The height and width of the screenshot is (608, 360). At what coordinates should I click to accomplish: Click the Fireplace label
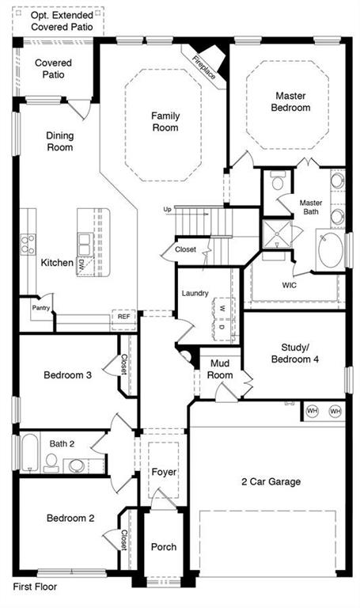coord(204,67)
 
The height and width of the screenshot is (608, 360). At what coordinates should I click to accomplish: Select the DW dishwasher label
coord(81,266)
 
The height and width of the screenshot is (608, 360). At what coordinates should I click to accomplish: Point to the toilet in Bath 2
coord(51,463)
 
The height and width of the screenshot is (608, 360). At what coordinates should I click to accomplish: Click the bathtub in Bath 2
coord(29,452)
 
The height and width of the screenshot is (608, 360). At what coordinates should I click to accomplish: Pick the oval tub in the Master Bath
coord(331,249)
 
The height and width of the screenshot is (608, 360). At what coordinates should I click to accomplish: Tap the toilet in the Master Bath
coord(279,180)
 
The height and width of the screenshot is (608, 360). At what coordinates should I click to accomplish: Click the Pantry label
coord(40,308)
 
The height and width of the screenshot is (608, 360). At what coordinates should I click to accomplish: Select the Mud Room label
coord(220,369)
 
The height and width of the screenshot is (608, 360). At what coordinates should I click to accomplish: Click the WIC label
coord(289,285)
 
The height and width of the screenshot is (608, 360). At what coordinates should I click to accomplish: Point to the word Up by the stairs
coord(167,209)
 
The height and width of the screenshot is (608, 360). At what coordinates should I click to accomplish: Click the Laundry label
coord(195,293)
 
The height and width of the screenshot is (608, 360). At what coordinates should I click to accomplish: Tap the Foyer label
coord(164,472)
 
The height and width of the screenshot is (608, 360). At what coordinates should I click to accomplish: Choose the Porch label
coord(164,547)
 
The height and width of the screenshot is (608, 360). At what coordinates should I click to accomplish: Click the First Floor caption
coord(35,587)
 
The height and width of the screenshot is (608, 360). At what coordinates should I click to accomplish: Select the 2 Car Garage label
coord(271,481)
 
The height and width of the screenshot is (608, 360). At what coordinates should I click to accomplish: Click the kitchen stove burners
coord(28,245)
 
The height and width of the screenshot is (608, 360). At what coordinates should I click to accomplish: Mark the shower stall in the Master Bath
coord(277,234)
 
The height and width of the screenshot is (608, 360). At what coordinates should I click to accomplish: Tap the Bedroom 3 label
coord(68,375)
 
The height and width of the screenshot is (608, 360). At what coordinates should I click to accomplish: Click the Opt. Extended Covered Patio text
coord(62,21)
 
